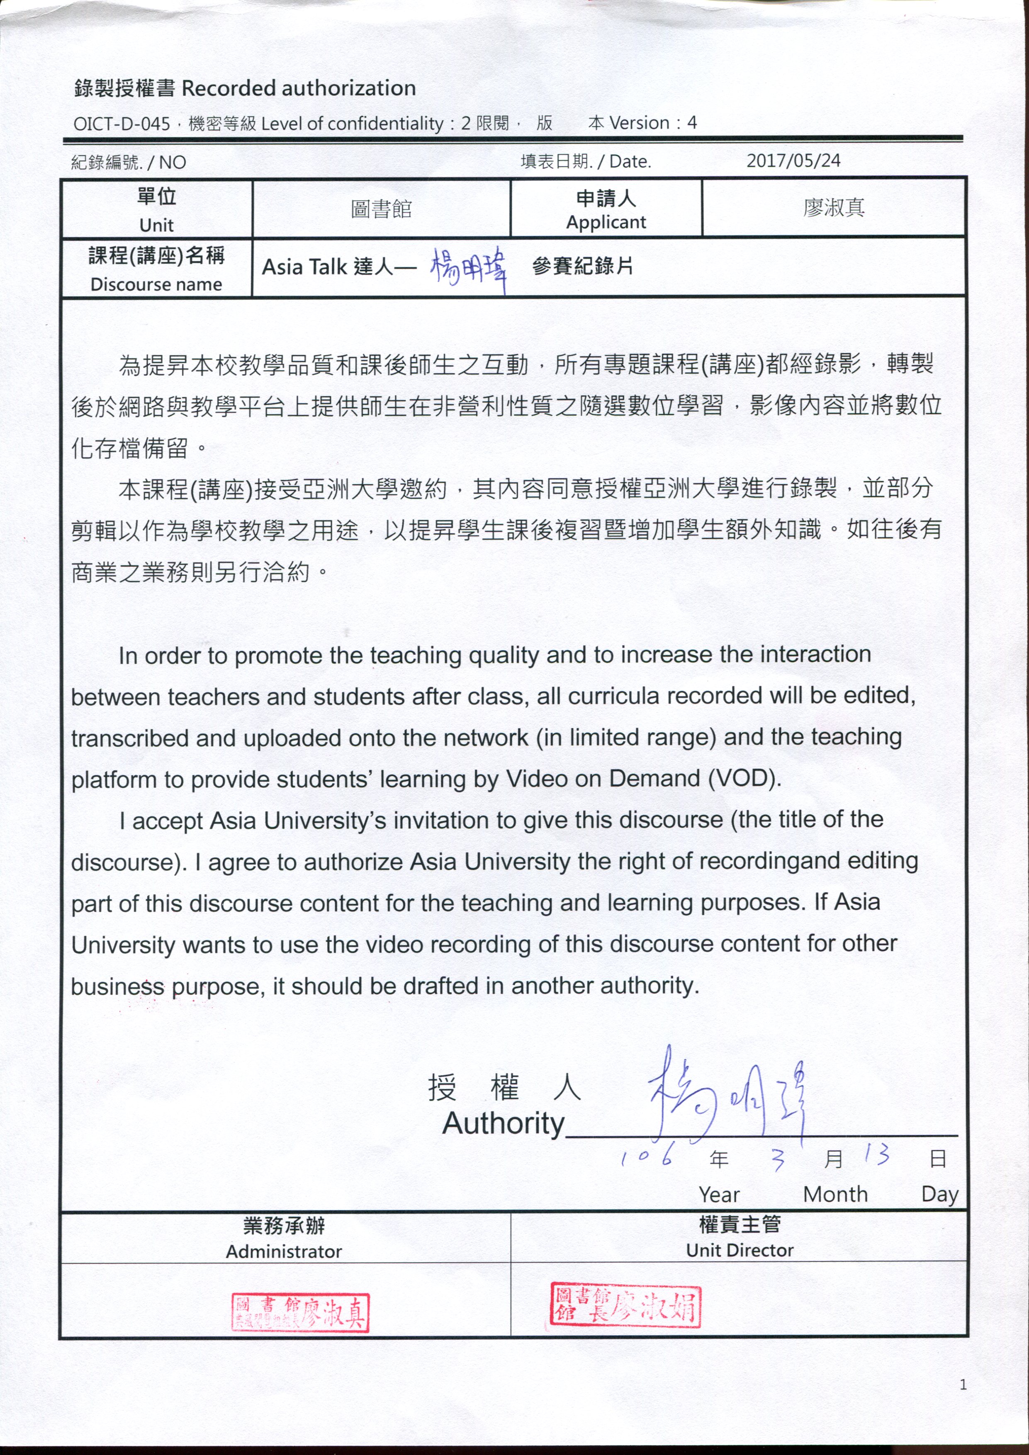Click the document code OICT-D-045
(x=122, y=124)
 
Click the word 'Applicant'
(x=606, y=222)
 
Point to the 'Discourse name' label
(x=157, y=284)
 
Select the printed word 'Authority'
(x=504, y=1124)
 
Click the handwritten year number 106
(x=646, y=1158)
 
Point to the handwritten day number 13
(x=877, y=1155)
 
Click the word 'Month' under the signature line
(x=835, y=1195)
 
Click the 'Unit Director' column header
(x=739, y=1250)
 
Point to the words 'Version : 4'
(x=653, y=123)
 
